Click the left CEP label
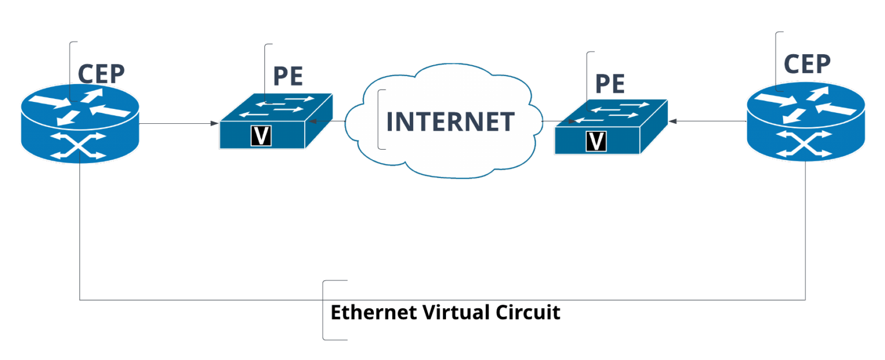coord(101,74)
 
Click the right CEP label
coord(807,64)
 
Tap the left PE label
coord(288,75)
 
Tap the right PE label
coord(610,84)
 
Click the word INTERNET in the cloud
coord(450,122)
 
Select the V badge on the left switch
coord(261,136)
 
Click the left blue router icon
coord(80,121)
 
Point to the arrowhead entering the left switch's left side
coord(214,123)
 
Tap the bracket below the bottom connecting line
coord(324,310)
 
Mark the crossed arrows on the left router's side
coord(80,146)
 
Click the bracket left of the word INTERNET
coord(380,120)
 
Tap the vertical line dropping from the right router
coord(805,230)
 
